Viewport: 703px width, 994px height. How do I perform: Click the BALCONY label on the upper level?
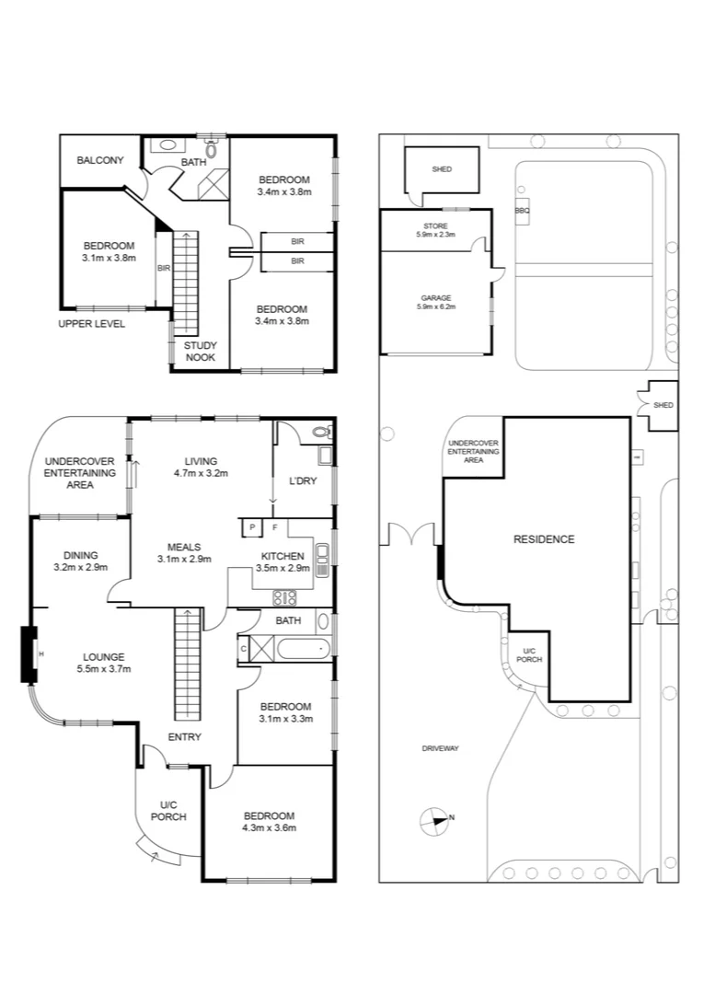click(99, 160)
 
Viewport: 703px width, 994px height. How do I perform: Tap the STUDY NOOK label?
click(200, 351)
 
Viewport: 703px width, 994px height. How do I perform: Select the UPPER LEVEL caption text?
click(91, 324)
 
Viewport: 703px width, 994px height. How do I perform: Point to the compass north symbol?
click(432, 819)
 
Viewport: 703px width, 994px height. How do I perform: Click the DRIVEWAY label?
click(440, 748)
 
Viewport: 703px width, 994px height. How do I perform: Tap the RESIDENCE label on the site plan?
click(543, 539)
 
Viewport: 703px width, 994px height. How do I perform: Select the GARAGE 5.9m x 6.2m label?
click(436, 302)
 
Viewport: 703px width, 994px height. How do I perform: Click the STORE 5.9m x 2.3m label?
click(436, 230)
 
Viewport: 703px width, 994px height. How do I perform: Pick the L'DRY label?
click(303, 481)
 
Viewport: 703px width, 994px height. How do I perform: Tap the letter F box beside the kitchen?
click(275, 526)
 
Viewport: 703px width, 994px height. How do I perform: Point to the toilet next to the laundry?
click(320, 431)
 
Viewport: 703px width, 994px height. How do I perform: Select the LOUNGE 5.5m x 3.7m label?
click(103, 663)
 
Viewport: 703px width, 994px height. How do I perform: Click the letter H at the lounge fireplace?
click(40, 653)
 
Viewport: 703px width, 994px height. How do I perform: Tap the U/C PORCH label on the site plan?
click(528, 653)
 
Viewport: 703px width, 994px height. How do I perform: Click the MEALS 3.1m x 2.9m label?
click(184, 552)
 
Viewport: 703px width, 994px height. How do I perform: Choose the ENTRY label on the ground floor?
click(184, 736)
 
